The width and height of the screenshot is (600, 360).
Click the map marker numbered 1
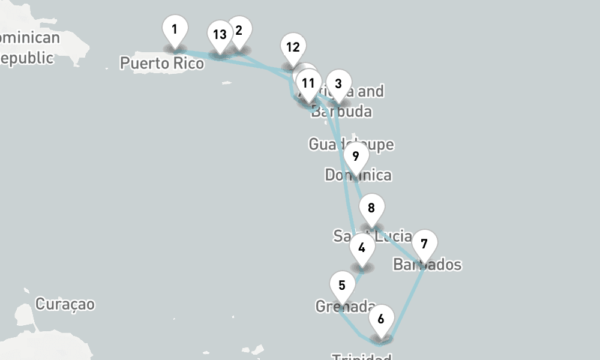coord(175,29)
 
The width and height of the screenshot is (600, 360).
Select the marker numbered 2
coord(239,31)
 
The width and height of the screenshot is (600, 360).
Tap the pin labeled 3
coord(338,84)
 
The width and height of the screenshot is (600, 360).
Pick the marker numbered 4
coord(361,248)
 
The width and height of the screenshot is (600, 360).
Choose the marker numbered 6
coord(381,319)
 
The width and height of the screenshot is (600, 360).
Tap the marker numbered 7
coord(424,245)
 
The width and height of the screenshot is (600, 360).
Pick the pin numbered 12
coord(293,47)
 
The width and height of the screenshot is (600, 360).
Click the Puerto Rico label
coord(162,62)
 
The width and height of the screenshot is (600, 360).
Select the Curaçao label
coord(65,304)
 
